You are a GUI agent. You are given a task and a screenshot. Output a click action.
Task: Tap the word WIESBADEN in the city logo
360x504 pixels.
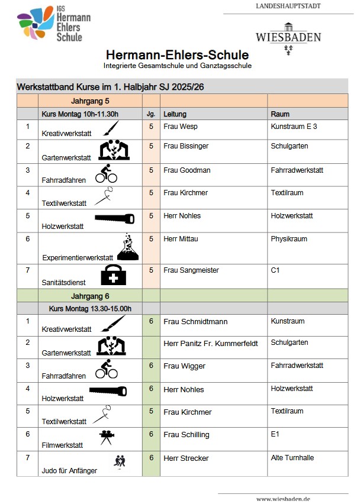(288, 37)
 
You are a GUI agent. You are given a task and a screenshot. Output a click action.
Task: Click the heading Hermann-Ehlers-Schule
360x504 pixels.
(177, 55)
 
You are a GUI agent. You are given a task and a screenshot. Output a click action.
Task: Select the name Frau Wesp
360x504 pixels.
(181, 127)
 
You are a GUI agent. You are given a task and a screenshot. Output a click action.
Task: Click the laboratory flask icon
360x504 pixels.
(129, 247)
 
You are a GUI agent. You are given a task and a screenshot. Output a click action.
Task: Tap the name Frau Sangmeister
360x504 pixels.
(191, 270)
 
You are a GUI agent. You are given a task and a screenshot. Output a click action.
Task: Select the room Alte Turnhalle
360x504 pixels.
(292, 458)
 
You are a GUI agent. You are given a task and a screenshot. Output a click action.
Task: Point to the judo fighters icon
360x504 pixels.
(120, 460)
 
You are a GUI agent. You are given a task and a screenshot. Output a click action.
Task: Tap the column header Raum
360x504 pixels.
(280, 114)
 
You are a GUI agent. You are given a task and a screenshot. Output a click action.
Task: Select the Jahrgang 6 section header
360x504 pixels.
(91, 296)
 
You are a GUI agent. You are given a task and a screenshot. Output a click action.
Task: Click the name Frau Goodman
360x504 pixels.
(187, 170)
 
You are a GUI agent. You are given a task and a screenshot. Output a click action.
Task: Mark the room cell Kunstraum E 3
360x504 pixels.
(294, 127)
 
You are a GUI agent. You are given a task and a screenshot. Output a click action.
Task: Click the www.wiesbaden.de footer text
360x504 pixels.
(283, 499)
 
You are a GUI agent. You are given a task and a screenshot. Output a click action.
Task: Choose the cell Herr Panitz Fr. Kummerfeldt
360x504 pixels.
(211, 344)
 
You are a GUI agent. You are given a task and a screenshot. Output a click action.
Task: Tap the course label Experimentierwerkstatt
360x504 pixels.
(78, 258)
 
